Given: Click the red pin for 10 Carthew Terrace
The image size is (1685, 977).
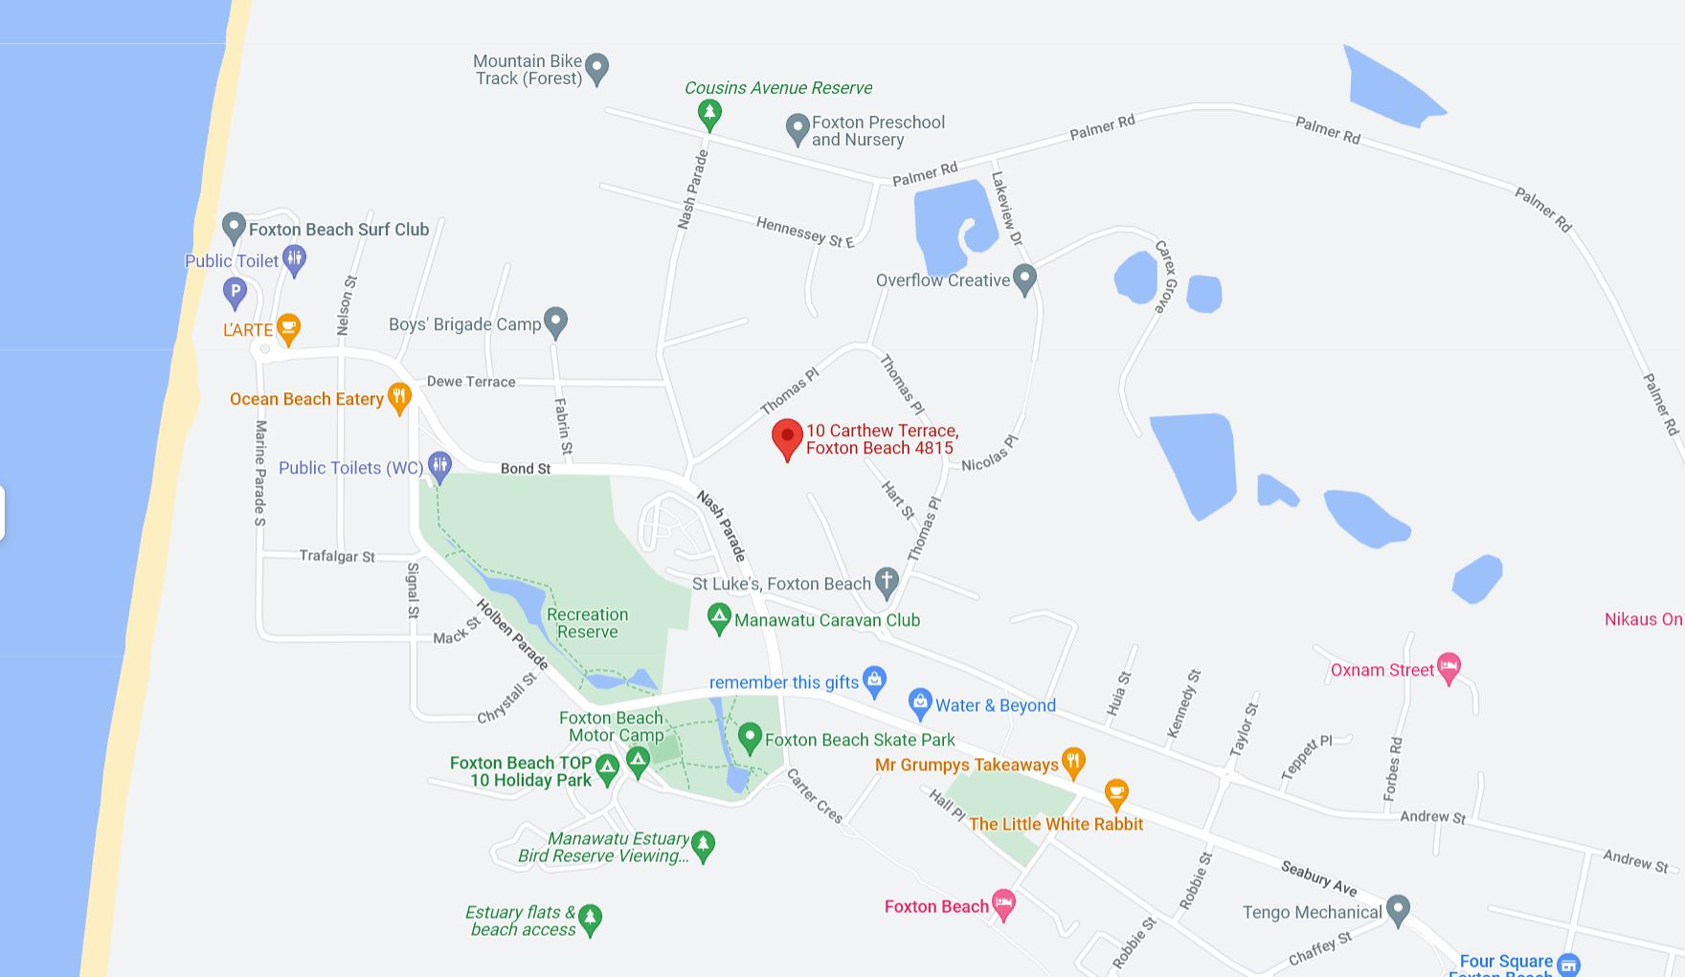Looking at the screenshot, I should pos(787,437).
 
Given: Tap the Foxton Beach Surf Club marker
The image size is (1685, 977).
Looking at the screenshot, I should pos(234,228).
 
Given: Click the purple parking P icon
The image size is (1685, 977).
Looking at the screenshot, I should pos(235,291).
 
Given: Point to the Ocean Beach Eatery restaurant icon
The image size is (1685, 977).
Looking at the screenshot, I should pos(399,397).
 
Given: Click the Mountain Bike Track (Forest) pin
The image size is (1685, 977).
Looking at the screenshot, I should pos(596,67).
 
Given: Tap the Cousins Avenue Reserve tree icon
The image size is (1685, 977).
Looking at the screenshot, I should pos(709,114).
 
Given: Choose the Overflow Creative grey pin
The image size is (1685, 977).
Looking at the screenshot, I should pos(1024,278).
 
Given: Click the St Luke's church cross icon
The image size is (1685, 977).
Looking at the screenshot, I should pos(887,581).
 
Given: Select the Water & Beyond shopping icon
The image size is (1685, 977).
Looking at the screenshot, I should pos(920,703).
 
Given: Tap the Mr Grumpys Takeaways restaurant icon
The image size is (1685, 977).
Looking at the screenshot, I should pos(1073,763).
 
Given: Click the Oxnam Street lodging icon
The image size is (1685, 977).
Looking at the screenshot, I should pos(1449,668).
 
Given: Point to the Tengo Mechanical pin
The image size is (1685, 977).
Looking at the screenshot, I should pos(1398,910).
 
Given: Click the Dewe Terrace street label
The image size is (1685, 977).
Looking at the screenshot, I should pos(471,382).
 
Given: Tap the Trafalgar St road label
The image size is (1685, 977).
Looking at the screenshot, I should pos(337,556).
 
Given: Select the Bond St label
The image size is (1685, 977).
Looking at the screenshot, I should pos(526,469).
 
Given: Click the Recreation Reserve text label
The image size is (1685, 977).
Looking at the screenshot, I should pos(587,623).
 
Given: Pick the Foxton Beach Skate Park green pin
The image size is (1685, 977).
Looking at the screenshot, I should pos(750,738).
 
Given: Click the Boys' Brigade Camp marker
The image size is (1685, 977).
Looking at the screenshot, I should pos(555,322).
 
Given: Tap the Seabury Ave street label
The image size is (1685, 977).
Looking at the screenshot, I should pos(1318,877).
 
